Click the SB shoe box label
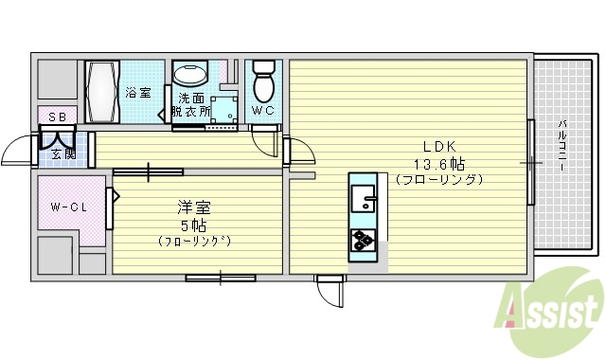(56, 116)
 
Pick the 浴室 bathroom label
(137, 93)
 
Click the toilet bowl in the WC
(264, 81)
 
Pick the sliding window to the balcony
(532, 162)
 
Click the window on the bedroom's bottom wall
(221, 278)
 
